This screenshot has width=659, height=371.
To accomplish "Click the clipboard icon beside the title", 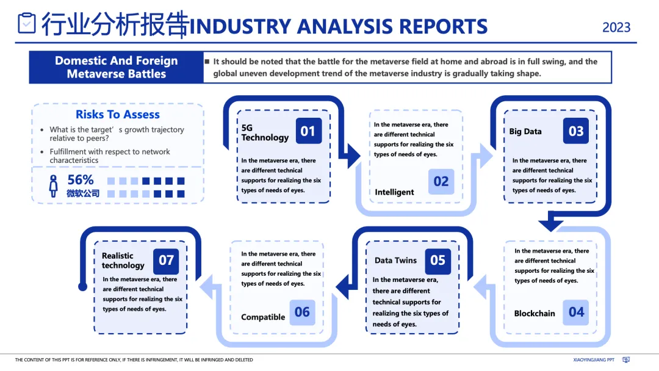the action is tap(27, 24).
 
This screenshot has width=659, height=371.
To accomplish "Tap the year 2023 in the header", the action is tap(616, 27).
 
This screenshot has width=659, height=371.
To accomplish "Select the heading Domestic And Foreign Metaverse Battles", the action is tap(117, 67).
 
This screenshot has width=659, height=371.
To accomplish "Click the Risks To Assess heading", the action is tap(118, 114).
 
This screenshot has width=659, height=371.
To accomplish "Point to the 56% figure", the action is tap(81, 180).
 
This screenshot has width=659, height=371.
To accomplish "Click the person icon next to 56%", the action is tap(54, 186).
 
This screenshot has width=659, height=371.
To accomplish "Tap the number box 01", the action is tap(308, 131).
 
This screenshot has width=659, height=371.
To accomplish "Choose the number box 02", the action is tap(441, 181).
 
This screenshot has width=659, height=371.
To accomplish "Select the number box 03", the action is tap(576, 131).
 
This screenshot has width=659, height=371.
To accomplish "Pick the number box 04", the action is tap(576, 312).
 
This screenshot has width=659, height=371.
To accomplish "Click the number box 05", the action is tap(438, 261).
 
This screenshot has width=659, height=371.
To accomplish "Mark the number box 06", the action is tap(302, 312).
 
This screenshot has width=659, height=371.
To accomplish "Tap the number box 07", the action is tap(166, 261).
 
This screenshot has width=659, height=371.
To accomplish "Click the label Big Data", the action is tap(525, 131).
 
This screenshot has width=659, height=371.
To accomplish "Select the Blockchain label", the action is tap(535, 314).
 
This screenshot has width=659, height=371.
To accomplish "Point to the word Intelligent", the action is tap(394, 192).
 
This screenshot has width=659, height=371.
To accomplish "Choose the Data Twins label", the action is tap(395, 261).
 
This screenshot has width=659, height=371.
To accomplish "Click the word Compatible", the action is tap(263, 317).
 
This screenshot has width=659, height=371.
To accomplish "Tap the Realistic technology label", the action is tap(123, 261).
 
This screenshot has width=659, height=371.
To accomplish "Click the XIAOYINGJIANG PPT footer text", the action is tap(594, 360).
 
